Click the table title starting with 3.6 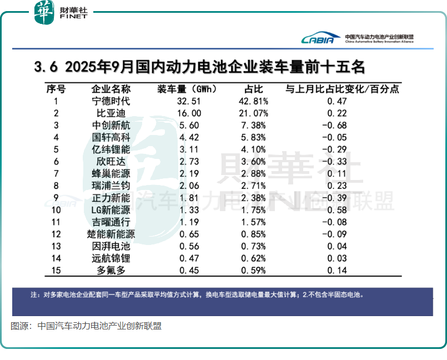click(199, 67)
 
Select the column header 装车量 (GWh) click(187, 89)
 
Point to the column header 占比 click(253, 89)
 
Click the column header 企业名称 click(111, 89)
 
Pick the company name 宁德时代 click(111, 101)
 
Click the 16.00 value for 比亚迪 click(188, 113)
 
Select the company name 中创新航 click(111, 125)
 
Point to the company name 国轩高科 click(111, 137)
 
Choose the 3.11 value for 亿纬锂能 click(188, 149)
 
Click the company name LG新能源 click(111, 209)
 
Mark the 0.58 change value click(336, 209)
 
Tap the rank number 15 click(56, 270)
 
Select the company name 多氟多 click(111, 270)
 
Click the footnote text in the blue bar click(197, 295)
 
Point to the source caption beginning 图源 click(86, 327)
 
